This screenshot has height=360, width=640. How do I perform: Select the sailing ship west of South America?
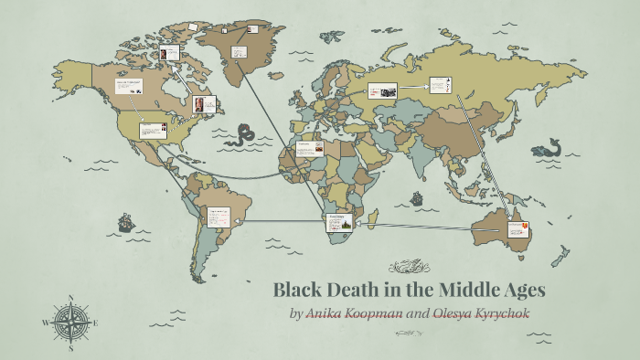125,222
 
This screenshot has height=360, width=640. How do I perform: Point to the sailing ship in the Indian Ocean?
417,197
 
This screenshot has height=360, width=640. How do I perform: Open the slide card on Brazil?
218,216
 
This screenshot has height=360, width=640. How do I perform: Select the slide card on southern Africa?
338,223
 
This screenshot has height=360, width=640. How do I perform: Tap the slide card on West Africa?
309,147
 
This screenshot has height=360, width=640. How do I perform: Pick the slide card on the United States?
153,131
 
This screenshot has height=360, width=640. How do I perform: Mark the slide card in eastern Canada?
204,106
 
